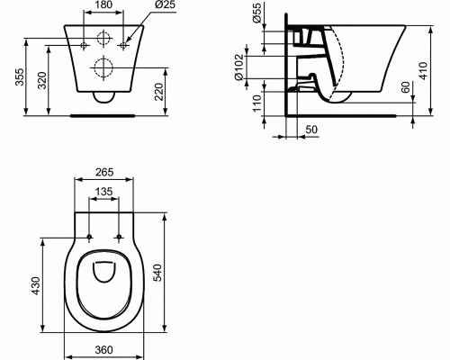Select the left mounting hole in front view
84,42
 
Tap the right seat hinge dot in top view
121,238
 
